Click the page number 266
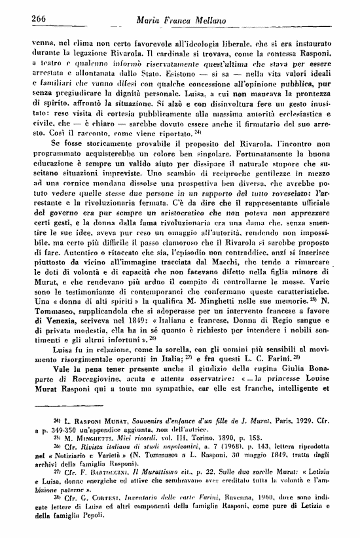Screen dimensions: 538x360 [24, 19]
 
